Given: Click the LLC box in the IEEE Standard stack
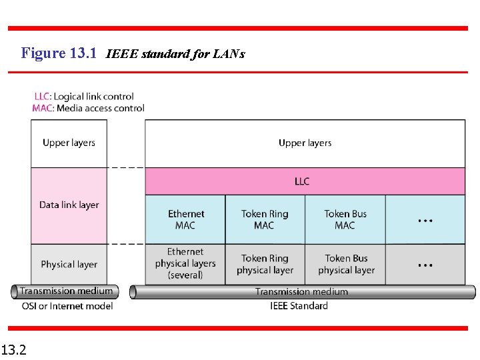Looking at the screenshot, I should pos(305,181).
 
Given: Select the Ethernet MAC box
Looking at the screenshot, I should pos(185,219).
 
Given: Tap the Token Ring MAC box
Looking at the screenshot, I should pos(265,219).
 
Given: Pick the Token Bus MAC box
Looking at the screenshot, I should pos(345,219).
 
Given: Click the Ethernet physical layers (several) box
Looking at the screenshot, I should pos(185,263).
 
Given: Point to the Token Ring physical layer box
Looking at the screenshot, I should pos(265,264).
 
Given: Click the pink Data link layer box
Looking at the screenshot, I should pos(69,205).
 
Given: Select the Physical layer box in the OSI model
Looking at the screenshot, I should pos(69,264).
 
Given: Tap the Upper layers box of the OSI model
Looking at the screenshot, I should pos(69,143).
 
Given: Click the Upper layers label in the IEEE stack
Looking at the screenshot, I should pos(305,143).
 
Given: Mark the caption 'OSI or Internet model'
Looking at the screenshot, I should pos(66,306).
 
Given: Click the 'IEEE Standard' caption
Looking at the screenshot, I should pos(299,306).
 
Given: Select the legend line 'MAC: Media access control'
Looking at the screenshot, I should pos(88,108).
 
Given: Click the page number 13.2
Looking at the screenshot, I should pos(13,349).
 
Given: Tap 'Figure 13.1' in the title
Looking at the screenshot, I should pos(59,53).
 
